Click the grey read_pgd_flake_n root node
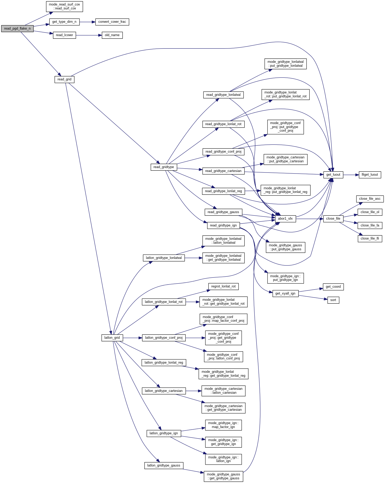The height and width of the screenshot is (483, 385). [x=17, y=29]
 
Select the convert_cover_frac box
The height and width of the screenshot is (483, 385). [x=112, y=22]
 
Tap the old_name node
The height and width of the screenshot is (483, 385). [x=112, y=35]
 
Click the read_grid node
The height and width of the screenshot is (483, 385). [x=64, y=79]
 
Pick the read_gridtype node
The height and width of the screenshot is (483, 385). [x=164, y=167]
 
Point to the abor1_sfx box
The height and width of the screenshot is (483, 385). [x=285, y=219]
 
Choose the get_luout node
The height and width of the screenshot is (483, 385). [x=333, y=175]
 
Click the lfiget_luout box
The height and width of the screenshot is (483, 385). [x=370, y=175]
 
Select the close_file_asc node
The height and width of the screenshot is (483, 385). [x=370, y=199]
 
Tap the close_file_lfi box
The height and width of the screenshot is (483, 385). [x=370, y=238]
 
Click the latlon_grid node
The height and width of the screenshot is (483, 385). [x=112, y=338]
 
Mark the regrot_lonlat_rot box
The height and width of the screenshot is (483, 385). [x=223, y=286]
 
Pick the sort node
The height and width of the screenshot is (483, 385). [x=333, y=300]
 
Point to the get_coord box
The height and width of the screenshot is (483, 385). [x=333, y=287]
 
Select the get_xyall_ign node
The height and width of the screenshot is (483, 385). [x=285, y=293]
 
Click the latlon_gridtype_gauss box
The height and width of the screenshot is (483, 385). [x=164, y=465]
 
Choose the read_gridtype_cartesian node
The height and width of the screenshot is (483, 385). [x=223, y=171]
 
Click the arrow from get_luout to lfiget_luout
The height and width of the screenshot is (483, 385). [x=350, y=175]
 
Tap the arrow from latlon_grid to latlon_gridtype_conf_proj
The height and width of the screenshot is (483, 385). [x=132, y=338]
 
